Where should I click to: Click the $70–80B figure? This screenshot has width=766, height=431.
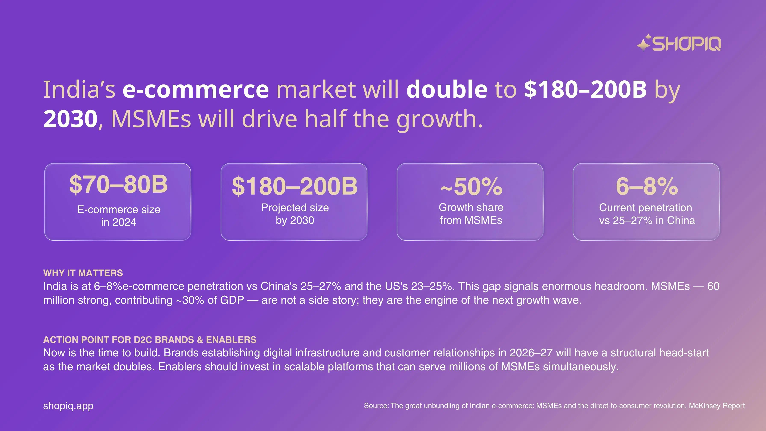118,185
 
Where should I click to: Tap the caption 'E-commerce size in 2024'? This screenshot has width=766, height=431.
119,216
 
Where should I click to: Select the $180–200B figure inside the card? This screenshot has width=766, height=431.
294,186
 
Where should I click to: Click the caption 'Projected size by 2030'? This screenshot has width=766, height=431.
295,214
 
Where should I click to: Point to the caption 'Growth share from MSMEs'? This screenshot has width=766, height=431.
471,214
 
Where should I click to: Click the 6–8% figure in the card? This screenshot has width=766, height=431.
647,186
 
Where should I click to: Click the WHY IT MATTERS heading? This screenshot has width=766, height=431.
83,273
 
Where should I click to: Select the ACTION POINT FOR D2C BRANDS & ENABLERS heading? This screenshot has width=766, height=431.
150,340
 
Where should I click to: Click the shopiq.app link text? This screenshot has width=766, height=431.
68,406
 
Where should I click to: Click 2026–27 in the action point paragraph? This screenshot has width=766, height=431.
531,353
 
